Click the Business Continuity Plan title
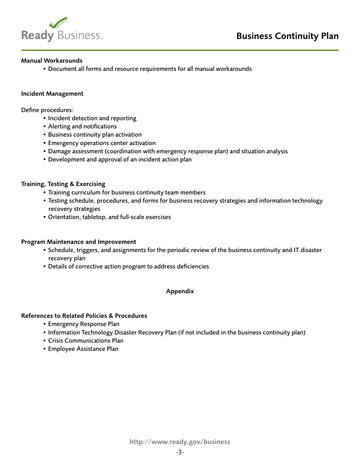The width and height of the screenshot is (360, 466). (287, 36)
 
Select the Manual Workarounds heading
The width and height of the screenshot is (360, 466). (52, 61)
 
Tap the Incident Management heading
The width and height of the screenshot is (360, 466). (52, 94)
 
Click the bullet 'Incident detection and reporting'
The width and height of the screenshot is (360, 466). (92, 118)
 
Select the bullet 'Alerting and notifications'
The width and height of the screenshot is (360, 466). (82, 127)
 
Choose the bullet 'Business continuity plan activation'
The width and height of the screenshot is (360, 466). (95, 135)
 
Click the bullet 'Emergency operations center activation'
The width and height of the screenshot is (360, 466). (102, 143)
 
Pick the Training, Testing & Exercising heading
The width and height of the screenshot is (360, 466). (63, 184)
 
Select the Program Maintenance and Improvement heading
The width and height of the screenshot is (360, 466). (78, 242)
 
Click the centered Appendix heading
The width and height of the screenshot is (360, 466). (180, 291)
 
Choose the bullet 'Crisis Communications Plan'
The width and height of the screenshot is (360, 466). (86, 341)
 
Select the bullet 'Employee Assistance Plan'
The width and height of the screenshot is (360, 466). (83, 349)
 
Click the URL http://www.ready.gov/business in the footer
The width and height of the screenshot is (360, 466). (180, 442)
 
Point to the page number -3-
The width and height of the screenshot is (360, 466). (180, 452)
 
